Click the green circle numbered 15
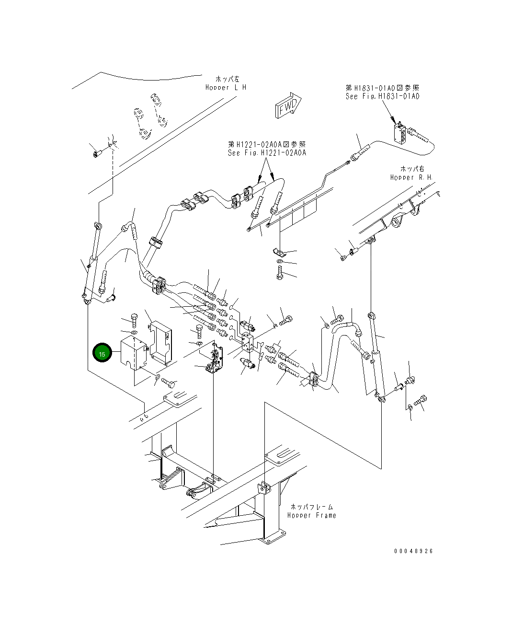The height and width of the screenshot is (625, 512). coord(102,354)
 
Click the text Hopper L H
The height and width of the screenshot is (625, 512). coord(226,88)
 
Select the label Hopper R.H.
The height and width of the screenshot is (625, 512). coord(411,177)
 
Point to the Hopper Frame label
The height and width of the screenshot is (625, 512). coord(311,516)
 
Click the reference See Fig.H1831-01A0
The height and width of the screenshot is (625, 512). coord(382,96)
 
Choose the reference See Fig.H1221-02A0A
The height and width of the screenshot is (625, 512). coord(267,153)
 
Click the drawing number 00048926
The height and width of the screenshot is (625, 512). coord(413,551)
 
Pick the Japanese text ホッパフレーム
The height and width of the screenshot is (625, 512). coord(311,507)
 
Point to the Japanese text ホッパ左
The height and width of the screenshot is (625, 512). coord(228,79)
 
